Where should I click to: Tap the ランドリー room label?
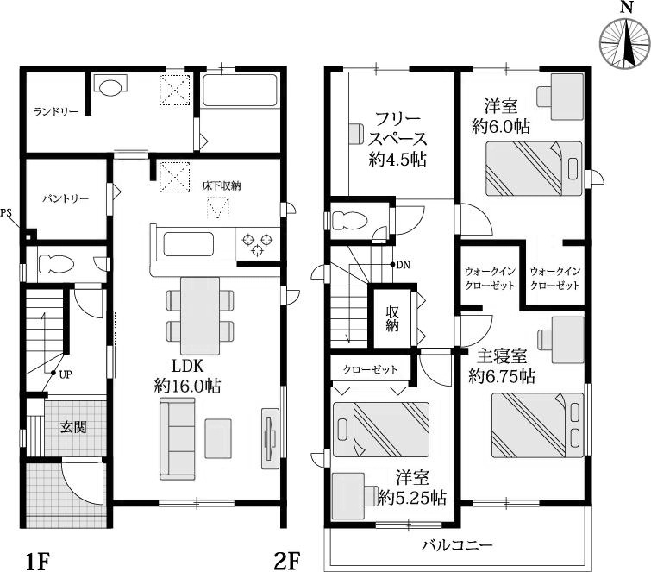point(56,112)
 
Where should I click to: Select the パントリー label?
point(66,198)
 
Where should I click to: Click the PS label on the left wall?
point(7,213)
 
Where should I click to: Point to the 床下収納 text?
point(222,185)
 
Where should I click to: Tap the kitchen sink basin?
point(189,244)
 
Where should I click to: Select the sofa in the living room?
point(177,440)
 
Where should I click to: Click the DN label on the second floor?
point(403,265)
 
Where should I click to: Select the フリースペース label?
point(396,139)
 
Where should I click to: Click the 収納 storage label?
point(393,316)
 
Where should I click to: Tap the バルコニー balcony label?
point(457,545)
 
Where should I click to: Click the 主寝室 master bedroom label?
point(502,366)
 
